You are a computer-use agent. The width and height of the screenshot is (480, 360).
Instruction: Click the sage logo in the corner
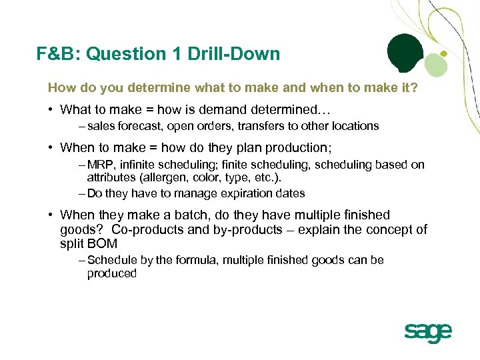click(427, 332)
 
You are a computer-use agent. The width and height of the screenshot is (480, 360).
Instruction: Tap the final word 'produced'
click(111, 273)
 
